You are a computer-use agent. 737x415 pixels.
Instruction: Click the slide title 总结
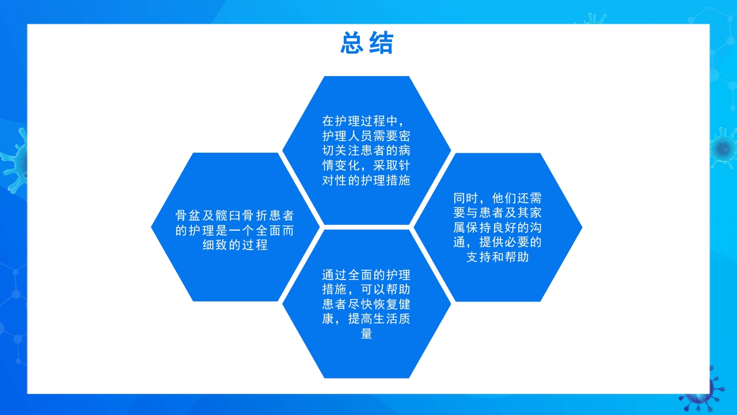[367, 43]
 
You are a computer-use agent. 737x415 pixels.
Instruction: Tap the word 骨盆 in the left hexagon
[188, 216]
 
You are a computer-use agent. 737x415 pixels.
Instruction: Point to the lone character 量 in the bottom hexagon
[366, 334]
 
